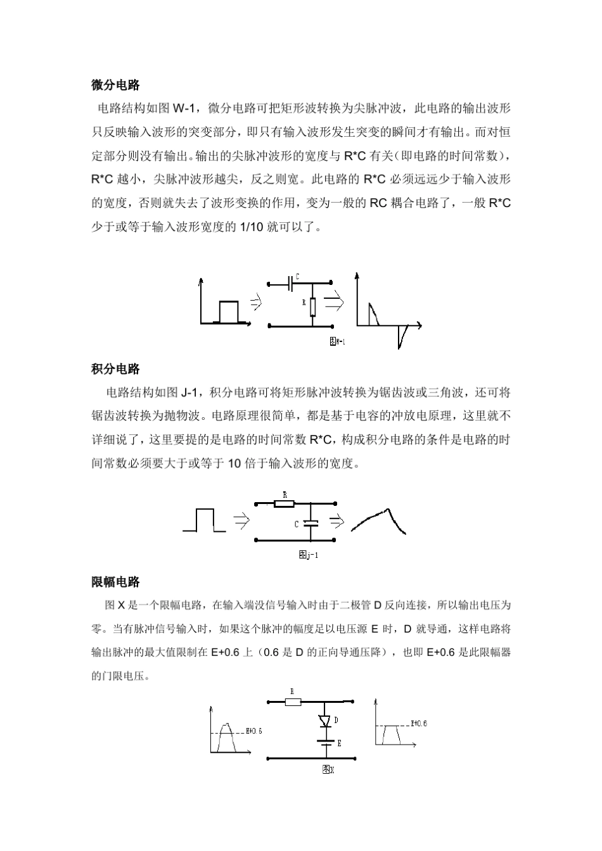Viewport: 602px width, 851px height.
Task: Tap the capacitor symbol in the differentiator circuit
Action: pyautogui.click(x=291, y=282)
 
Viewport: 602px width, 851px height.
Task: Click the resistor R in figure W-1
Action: pyautogui.click(x=312, y=306)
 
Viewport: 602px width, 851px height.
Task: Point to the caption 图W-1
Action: pyautogui.click(x=337, y=341)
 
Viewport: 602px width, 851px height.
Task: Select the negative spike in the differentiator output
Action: pyautogui.click(x=400, y=336)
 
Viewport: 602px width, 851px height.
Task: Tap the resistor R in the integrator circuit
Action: pyautogui.click(x=285, y=504)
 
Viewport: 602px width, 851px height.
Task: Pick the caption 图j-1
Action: pyautogui.click(x=308, y=555)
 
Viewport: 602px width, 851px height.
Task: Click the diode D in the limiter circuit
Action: pyautogui.click(x=325, y=721)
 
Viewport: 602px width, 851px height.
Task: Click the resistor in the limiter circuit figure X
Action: pyautogui.click(x=293, y=702)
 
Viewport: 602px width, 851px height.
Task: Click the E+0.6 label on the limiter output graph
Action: pyautogui.click(x=419, y=723)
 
